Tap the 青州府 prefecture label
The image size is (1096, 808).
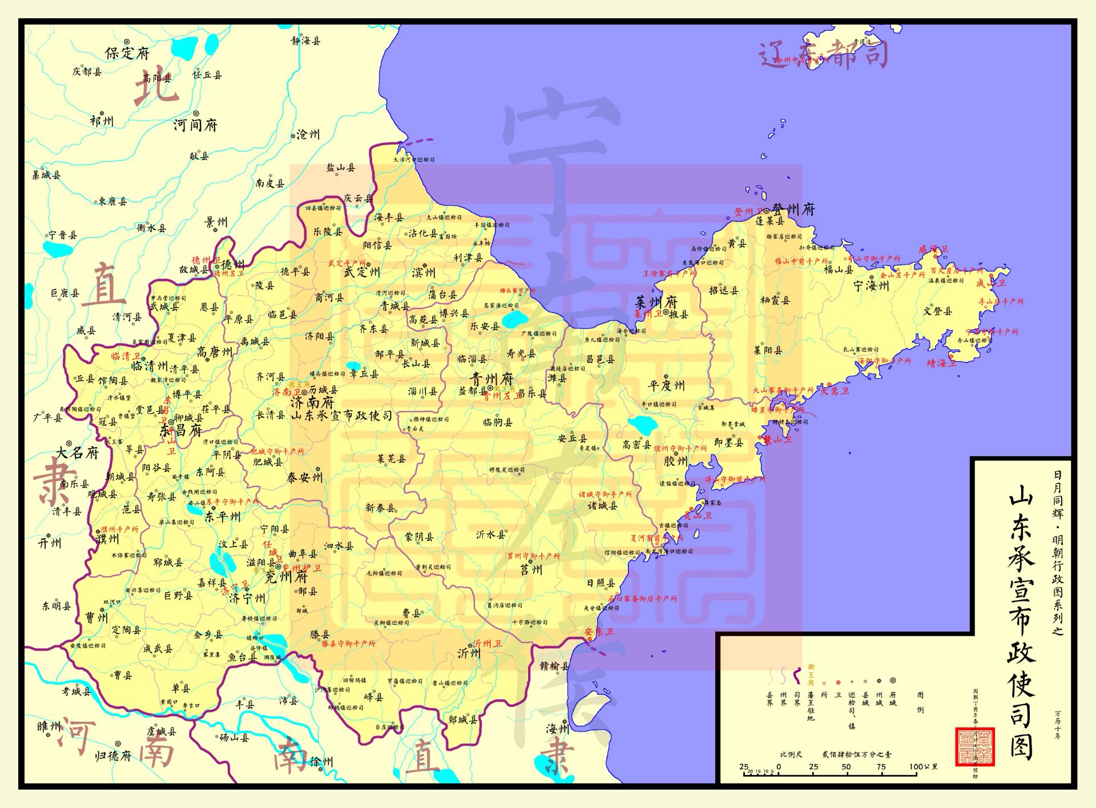tap(491, 379)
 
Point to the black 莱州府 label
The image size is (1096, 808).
tap(656, 302)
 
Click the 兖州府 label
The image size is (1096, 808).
tap(287, 577)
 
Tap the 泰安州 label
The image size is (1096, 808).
tap(304, 477)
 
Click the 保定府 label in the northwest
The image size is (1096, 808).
tap(127, 53)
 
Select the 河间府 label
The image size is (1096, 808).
tap(195, 124)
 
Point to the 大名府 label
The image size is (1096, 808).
tap(78, 453)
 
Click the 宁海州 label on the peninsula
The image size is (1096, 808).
tap(871, 286)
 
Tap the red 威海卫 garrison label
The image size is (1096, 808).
tap(933, 250)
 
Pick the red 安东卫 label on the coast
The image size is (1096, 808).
tap(599, 632)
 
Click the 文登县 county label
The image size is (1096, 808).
tap(937, 311)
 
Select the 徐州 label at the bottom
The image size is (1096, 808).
tap(321, 761)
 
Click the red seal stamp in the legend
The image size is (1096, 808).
tap(975, 746)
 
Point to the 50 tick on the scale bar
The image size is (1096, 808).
tap(846, 767)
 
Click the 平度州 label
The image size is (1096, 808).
tap(666, 385)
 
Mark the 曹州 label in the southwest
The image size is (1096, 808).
tap(96, 618)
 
